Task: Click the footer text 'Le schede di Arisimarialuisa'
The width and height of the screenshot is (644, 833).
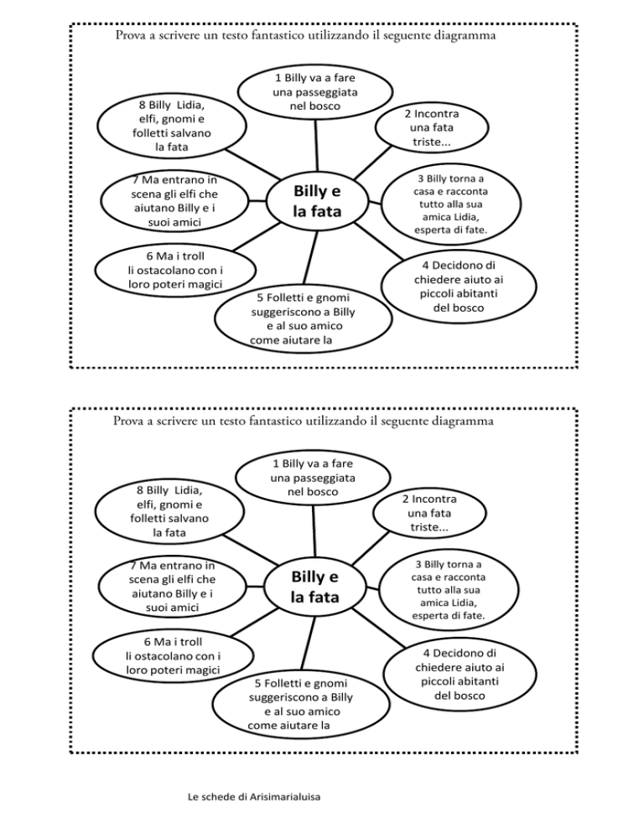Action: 254,797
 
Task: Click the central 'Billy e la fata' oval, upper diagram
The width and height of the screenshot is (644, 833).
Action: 317,202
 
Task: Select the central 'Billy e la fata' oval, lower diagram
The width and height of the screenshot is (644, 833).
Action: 314,587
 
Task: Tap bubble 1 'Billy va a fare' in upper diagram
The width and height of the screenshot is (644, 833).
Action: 314,92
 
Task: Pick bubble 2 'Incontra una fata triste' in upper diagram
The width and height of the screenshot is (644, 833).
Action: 431,127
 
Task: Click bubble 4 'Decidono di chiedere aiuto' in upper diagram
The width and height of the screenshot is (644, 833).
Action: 459,287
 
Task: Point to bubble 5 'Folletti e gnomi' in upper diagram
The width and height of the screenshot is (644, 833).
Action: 303,318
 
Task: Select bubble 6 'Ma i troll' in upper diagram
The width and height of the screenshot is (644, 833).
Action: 174,270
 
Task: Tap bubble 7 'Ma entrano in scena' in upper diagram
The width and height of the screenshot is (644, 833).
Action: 174,201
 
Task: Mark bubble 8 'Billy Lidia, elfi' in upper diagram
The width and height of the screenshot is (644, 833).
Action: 172,126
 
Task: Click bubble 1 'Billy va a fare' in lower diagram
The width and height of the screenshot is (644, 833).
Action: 313,478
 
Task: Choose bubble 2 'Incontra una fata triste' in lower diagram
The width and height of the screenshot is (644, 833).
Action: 429,513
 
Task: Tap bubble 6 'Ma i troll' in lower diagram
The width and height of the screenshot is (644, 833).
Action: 172,655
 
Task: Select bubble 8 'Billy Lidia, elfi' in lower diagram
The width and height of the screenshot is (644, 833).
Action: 169,511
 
